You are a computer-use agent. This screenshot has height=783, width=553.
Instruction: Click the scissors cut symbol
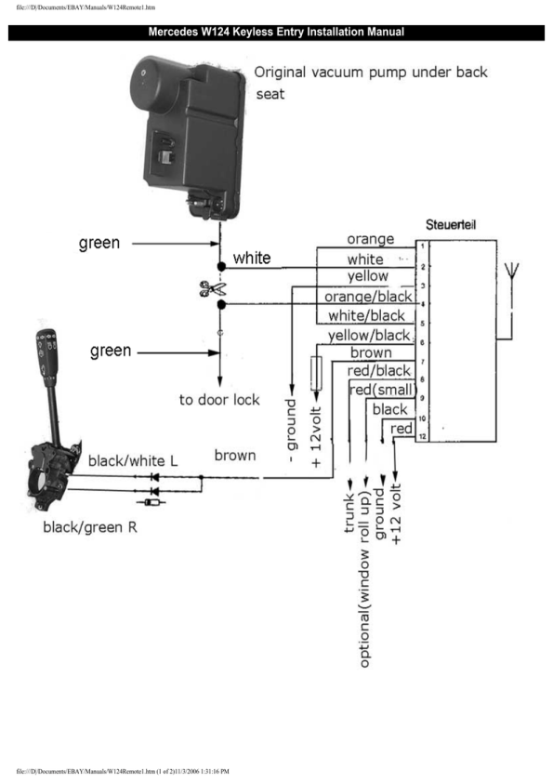click(x=212, y=288)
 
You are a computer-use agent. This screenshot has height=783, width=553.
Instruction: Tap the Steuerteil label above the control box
click(x=451, y=225)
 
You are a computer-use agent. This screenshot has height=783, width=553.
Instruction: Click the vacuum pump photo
click(x=188, y=138)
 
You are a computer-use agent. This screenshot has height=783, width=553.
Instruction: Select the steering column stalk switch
click(x=52, y=419)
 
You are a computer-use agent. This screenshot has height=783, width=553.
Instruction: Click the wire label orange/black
click(x=368, y=297)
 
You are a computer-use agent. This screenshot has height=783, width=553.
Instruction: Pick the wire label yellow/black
click(x=369, y=335)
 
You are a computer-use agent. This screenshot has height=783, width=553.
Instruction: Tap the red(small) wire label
click(x=382, y=390)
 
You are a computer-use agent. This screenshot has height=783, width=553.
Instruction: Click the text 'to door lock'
click(x=219, y=400)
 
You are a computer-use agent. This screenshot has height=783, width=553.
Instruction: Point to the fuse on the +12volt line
click(x=316, y=373)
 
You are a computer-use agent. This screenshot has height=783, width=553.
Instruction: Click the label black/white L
click(x=133, y=460)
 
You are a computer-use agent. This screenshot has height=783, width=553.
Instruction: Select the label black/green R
click(x=90, y=527)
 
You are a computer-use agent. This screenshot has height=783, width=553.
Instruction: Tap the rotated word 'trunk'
click(x=349, y=512)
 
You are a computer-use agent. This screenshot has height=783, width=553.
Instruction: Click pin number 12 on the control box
click(x=422, y=437)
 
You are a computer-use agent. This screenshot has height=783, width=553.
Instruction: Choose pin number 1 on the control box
click(x=422, y=246)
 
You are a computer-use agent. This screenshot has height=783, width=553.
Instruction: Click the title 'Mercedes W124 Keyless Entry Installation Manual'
click(x=276, y=32)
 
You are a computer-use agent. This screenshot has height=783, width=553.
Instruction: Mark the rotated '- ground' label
click(x=291, y=431)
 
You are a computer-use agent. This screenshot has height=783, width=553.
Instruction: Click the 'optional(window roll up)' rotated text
click(x=365, y=579)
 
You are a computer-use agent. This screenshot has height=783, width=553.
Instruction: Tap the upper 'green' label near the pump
click(x=99, y=244)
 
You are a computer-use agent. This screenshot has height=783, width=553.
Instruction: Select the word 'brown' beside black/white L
click(x=235, y=456)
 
